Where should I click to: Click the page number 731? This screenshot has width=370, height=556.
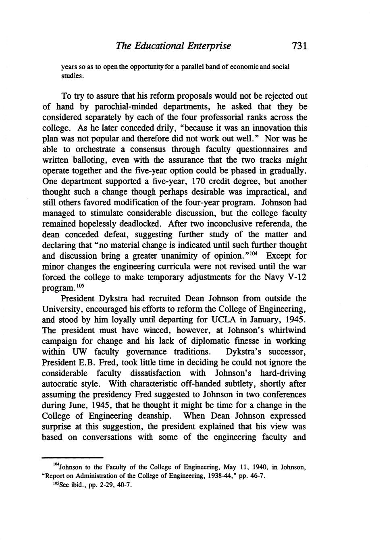pyautogui.click(x=300, y=46)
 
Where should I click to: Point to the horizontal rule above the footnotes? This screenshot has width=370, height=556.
pyautogui.click(x=73, y=458)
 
